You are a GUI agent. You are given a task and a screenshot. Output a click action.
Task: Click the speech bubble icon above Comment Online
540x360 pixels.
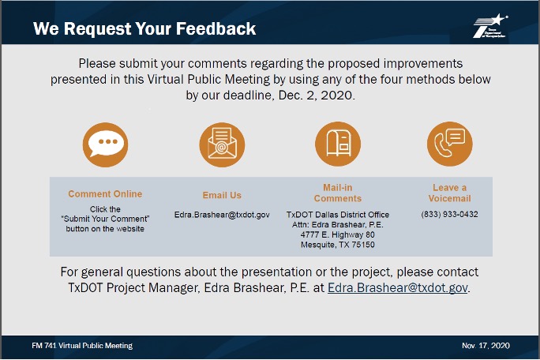[x=105, y=144]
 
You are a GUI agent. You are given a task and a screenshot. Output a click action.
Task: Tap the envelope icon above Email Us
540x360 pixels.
[x=222, y=144]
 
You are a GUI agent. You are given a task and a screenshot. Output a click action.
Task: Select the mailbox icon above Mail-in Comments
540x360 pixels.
[x=338, y=144]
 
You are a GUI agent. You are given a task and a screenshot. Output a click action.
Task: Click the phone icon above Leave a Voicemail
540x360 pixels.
[x=450, y=144]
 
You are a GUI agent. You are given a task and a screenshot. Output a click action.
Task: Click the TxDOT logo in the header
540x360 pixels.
[x=490, y=26]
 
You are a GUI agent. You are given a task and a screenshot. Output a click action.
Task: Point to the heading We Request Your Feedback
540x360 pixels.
[x=144, y=28]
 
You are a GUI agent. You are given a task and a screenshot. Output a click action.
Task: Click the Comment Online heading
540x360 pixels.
[x=105, y=194]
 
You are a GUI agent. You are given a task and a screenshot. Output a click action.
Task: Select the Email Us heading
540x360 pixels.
[x=222, y=195]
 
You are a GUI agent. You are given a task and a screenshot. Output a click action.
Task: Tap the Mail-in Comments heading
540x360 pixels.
[x=338, y=193]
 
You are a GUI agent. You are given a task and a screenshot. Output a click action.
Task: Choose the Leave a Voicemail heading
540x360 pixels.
[x=450, y=193]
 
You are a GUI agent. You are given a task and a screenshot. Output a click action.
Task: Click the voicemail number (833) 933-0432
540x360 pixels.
[x=449, y=214]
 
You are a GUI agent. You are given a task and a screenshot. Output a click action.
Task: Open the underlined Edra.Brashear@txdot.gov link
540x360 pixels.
[x=398, y=287]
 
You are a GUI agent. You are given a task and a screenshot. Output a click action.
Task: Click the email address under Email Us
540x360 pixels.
[x=222, y=215]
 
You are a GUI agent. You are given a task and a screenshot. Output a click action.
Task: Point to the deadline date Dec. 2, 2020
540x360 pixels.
[x=316, y=96]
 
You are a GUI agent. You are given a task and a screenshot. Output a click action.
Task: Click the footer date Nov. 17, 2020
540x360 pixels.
[x=486, y=346]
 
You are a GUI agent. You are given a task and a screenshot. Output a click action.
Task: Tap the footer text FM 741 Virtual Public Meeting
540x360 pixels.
[x=82, y=346]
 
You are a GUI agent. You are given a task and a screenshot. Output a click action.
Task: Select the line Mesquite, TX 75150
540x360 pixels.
[x=338, y=245]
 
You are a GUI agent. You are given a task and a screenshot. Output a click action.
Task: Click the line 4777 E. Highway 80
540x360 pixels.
[x=338, y=234]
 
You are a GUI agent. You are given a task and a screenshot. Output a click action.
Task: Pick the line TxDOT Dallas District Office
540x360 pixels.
[x=338, y=215]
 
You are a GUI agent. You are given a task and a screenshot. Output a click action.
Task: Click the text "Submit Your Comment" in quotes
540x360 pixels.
[x=105, y=219]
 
